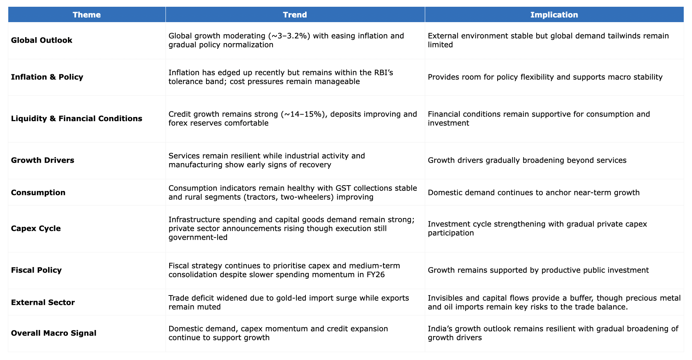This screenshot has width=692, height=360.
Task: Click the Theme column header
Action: coord(87,15)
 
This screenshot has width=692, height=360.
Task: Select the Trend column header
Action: coord(295,15)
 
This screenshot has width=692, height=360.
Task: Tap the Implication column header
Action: coord(554,15)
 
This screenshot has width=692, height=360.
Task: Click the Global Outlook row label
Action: coord(42,40)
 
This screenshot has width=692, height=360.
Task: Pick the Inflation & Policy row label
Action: coord(47,77)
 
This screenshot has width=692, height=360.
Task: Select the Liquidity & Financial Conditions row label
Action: coord(77,119)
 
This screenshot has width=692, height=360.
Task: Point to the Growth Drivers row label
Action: coord(42,160)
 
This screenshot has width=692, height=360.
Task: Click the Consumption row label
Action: coord(38,193)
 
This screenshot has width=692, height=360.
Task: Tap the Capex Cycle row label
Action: coord(36,229)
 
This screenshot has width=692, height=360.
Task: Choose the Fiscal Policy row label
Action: coord(36,270)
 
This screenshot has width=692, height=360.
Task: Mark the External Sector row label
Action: coord(43,303)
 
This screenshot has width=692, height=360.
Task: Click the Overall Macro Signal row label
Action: coord(54,333)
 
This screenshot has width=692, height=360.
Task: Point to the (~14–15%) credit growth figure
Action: coord(304,114)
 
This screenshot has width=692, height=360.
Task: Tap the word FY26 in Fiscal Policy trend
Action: coord(375,274)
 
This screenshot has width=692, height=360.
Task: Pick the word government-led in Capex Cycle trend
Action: coord(198,237)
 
